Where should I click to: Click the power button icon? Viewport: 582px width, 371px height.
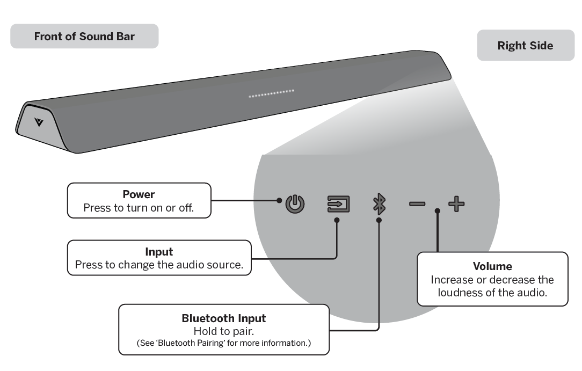[x=295, y=205]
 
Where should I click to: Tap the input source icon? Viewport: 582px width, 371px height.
[x=339, y=204]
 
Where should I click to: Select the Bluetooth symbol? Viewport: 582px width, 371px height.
[x=380, y=204]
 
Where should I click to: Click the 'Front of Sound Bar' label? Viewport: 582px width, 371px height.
[x=84, y=37]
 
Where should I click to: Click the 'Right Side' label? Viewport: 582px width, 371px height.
[x=525, y=46]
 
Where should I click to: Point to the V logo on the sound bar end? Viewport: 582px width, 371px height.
[x=38, y=122]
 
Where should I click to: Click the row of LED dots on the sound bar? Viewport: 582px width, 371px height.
[x=271, y=94]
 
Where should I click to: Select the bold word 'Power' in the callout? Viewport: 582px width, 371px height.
[x=139, y=194]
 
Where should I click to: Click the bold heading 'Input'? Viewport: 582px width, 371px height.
[x=159, y=252]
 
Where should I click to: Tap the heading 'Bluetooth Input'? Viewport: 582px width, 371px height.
[x=223, y=318]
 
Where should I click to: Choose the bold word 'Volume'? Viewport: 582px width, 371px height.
[x=492, y=266]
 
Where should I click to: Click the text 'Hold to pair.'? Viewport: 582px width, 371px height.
[x=223, y=331]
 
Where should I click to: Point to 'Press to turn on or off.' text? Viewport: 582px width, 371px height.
[x=139, y=208]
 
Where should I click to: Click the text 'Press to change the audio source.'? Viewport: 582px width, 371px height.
[x=159, y=265]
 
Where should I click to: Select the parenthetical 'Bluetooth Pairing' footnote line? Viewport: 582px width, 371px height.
[x=223, y=343]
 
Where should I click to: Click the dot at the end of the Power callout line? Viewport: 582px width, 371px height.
[x=279, y=200]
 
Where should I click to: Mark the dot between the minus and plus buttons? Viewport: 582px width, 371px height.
[x=438, y=211]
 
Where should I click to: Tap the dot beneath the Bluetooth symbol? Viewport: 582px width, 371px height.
[x=379, y=220]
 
